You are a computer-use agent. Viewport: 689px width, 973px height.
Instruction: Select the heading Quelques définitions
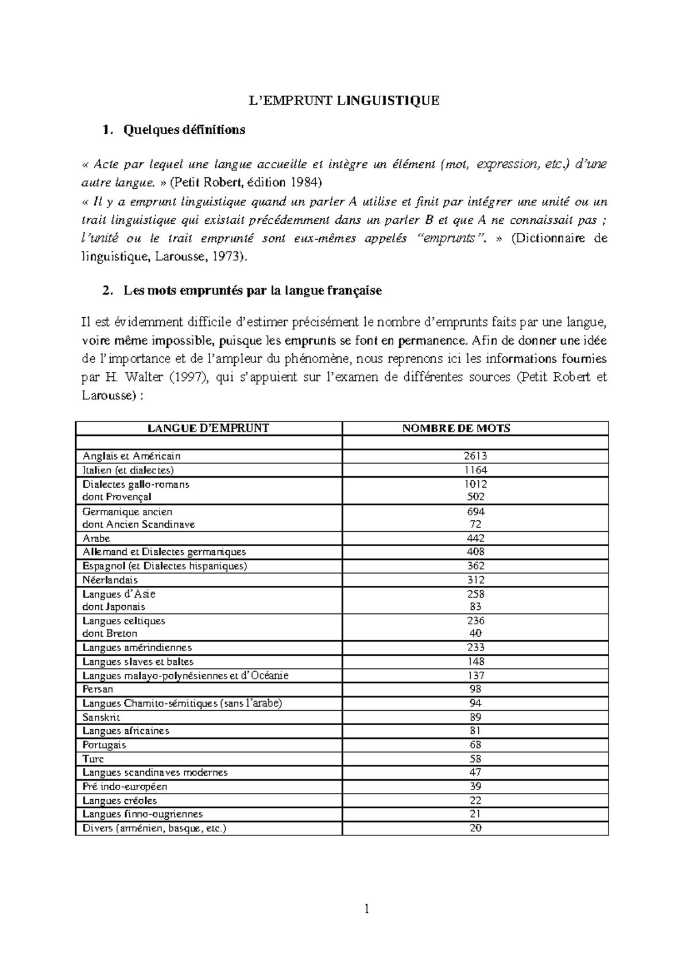[x=184, y=130]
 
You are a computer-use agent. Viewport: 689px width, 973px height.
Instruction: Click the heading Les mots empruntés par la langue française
[x=252, y=291]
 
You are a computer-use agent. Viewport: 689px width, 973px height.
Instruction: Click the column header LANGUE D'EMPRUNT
[x=208, y=428]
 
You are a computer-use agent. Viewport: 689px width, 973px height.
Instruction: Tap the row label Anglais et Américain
[x=131, y=456]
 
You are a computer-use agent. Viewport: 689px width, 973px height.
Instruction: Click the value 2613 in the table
[x=475, y=456]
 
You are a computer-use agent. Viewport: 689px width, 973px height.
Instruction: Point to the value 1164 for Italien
[x=475, y=470]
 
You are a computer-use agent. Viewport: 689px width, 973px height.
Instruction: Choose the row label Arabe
[x=96, y=538]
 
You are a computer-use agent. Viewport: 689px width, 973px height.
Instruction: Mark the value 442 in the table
[x=475, y=538]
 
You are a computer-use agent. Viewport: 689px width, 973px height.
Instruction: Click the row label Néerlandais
[x=110, y=580]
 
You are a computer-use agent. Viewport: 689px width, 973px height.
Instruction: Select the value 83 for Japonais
[x=475, y=606]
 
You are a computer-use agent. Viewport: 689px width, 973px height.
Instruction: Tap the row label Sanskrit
[x=101, y=717]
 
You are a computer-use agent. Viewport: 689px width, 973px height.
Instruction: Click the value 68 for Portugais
[x=475, y=745]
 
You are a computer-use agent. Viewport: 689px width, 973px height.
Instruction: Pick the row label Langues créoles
[x=119, y=800]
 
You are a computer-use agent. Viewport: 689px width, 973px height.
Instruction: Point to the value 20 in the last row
[x=475, y=828]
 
